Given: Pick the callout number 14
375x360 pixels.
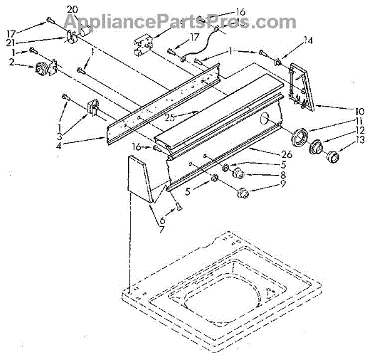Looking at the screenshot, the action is tap(307, 41).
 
